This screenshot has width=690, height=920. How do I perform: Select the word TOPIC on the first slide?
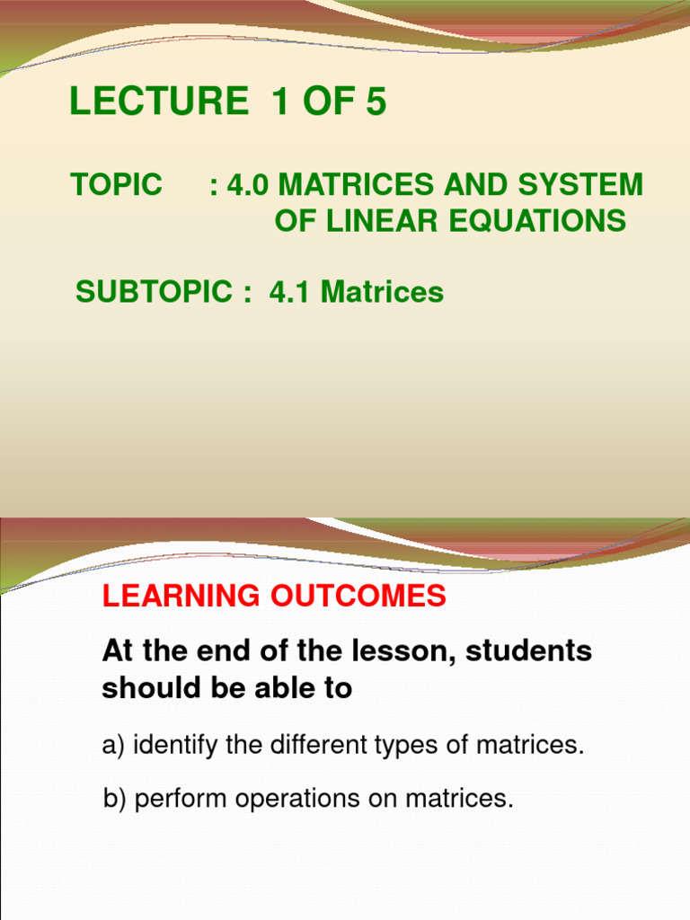point(117,185)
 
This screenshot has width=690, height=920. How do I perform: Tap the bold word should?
point(143,688)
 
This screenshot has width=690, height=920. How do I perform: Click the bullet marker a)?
point(114,746)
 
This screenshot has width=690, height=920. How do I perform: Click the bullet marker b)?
point(115,800)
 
